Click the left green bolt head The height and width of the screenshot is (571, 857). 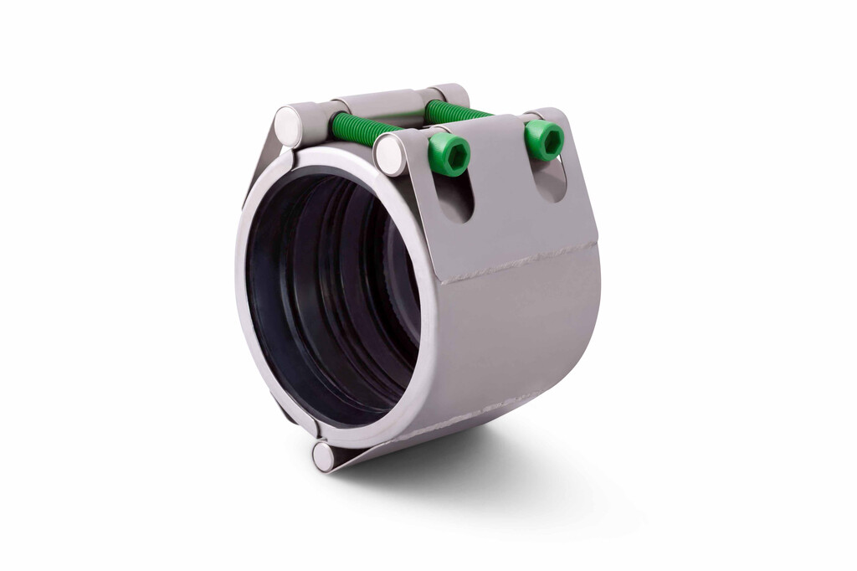click(449, 155)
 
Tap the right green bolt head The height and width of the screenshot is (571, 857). click(544, 139)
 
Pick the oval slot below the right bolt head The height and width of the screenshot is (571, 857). click(550, 180)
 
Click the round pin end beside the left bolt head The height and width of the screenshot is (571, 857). click(391, 155)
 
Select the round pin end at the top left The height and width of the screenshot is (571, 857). click(290, 123)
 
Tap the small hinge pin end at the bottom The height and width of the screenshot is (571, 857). click(323, 455)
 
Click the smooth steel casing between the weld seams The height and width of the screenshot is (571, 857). click(519, 335)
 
